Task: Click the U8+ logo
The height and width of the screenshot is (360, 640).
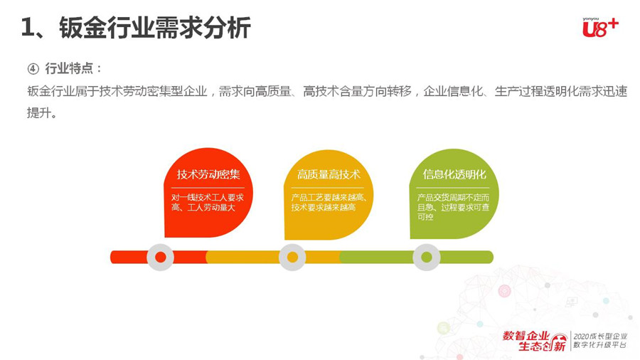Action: click(600, 28)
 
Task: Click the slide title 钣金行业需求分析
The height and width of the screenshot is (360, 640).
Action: click(155, 28)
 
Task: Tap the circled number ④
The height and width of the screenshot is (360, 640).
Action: click(33, 68)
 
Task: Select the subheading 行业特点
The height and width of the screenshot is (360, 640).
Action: click(69, 68)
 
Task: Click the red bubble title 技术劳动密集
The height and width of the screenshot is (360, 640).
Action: click(208, 175)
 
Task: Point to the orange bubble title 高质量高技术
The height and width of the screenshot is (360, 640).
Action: click(329, 175)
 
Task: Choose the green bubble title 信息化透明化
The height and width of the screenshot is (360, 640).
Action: click(454, 174)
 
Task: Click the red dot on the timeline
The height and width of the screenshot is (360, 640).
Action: click(161, 257)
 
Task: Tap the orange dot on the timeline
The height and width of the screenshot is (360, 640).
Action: click(292, 257)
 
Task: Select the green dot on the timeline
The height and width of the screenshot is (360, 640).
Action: click(427, 257)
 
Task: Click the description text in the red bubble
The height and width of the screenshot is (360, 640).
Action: click(208, 203)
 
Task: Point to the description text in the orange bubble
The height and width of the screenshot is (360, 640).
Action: click(329, 203)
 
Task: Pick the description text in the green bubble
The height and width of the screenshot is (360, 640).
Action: click(453, 207)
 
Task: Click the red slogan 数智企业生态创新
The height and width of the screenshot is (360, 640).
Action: click(534, 341)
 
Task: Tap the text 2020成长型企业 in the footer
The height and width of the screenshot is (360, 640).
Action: click(600, 337)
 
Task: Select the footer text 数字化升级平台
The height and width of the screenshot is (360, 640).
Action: click(600, 345)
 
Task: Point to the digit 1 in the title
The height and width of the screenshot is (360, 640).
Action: click(26, 28)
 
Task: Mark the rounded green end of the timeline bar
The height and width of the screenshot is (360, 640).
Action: click(489, 257)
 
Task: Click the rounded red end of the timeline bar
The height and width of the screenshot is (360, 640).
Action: click(115, 257)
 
